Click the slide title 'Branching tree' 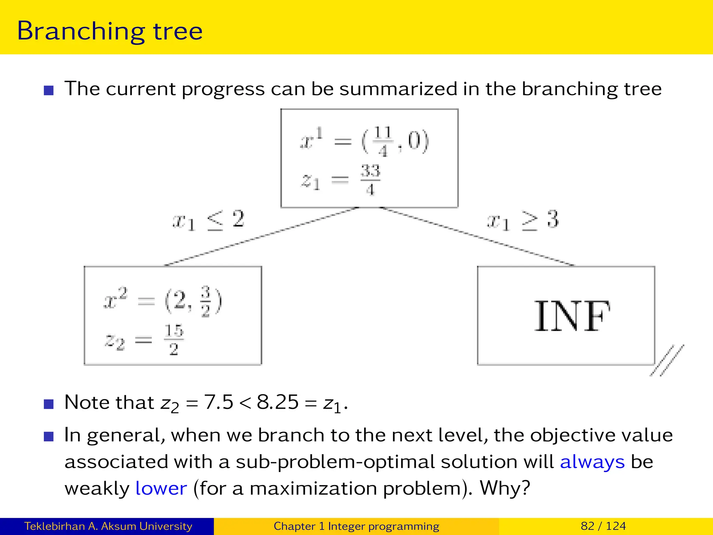(110, 31)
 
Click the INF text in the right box (572, 316)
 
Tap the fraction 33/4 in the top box (370, 180)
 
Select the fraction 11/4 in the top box (383, 141)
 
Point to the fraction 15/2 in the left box (174, 340)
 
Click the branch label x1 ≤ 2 (209, 220)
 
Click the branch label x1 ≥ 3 (522, 220)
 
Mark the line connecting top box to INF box (477, 237)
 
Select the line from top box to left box (261, 237)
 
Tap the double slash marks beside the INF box (667, 360)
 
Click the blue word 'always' (592, 462)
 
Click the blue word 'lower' (161, 488)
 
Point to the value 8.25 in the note (277, 402)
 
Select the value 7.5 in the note (218, 402)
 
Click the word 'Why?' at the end (505, 488)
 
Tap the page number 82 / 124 (603, 526)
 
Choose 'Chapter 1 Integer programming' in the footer (356, 526)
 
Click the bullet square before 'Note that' (49, 404)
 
